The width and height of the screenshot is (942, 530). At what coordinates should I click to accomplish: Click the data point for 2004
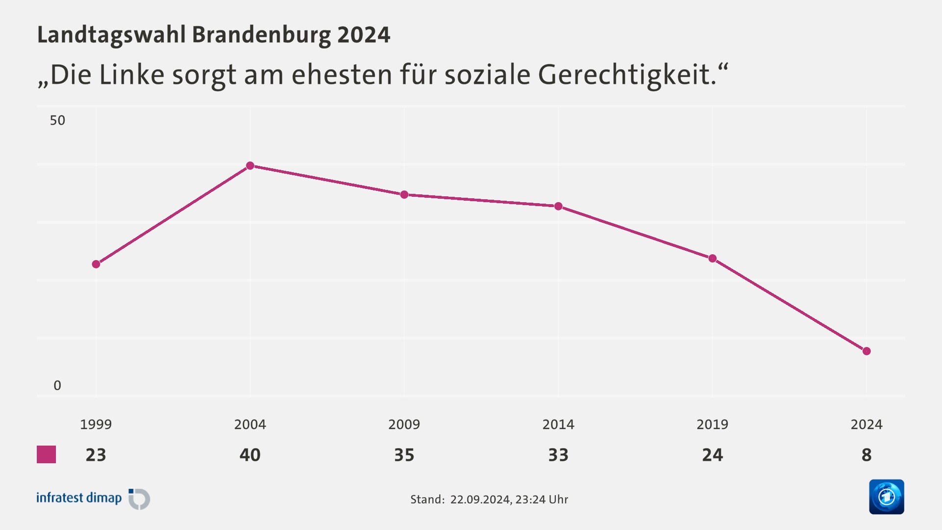[x=250, y=166]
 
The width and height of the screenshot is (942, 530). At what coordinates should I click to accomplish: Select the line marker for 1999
[x=96, y=264]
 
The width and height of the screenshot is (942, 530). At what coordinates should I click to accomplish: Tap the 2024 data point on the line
[x=866, y=351]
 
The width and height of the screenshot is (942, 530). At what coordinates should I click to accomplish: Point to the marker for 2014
[x=558, y=206]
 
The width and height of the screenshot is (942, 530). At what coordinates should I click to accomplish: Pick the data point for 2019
[x=712, y=258]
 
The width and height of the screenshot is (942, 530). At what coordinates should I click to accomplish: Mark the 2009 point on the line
[x=404, y=195]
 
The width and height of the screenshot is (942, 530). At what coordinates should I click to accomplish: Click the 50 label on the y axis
[x=57, y=120]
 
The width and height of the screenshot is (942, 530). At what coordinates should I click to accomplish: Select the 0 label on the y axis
[x=57, y=386]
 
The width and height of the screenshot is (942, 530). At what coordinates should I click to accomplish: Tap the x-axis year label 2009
[x=404, y=424]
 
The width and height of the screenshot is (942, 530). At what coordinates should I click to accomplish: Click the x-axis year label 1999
[x=96, y=424]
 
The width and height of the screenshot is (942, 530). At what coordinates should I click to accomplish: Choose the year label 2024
[x=866, y=424]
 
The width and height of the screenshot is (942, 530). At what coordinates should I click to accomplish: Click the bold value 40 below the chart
[x=250, y=455]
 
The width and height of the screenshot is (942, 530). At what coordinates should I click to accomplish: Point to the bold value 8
[x=866, y=455]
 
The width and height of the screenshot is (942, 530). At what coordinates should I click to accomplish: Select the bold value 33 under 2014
[x=558, y=455]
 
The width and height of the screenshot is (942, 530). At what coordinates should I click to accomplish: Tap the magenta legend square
[x=47, y=454]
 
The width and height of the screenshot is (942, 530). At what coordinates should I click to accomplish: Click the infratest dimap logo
[x=93, y=499]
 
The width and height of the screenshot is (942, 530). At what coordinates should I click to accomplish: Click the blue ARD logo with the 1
[x=886, y=497]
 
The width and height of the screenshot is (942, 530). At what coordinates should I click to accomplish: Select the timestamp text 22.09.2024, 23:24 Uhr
[x=509, y=500]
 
